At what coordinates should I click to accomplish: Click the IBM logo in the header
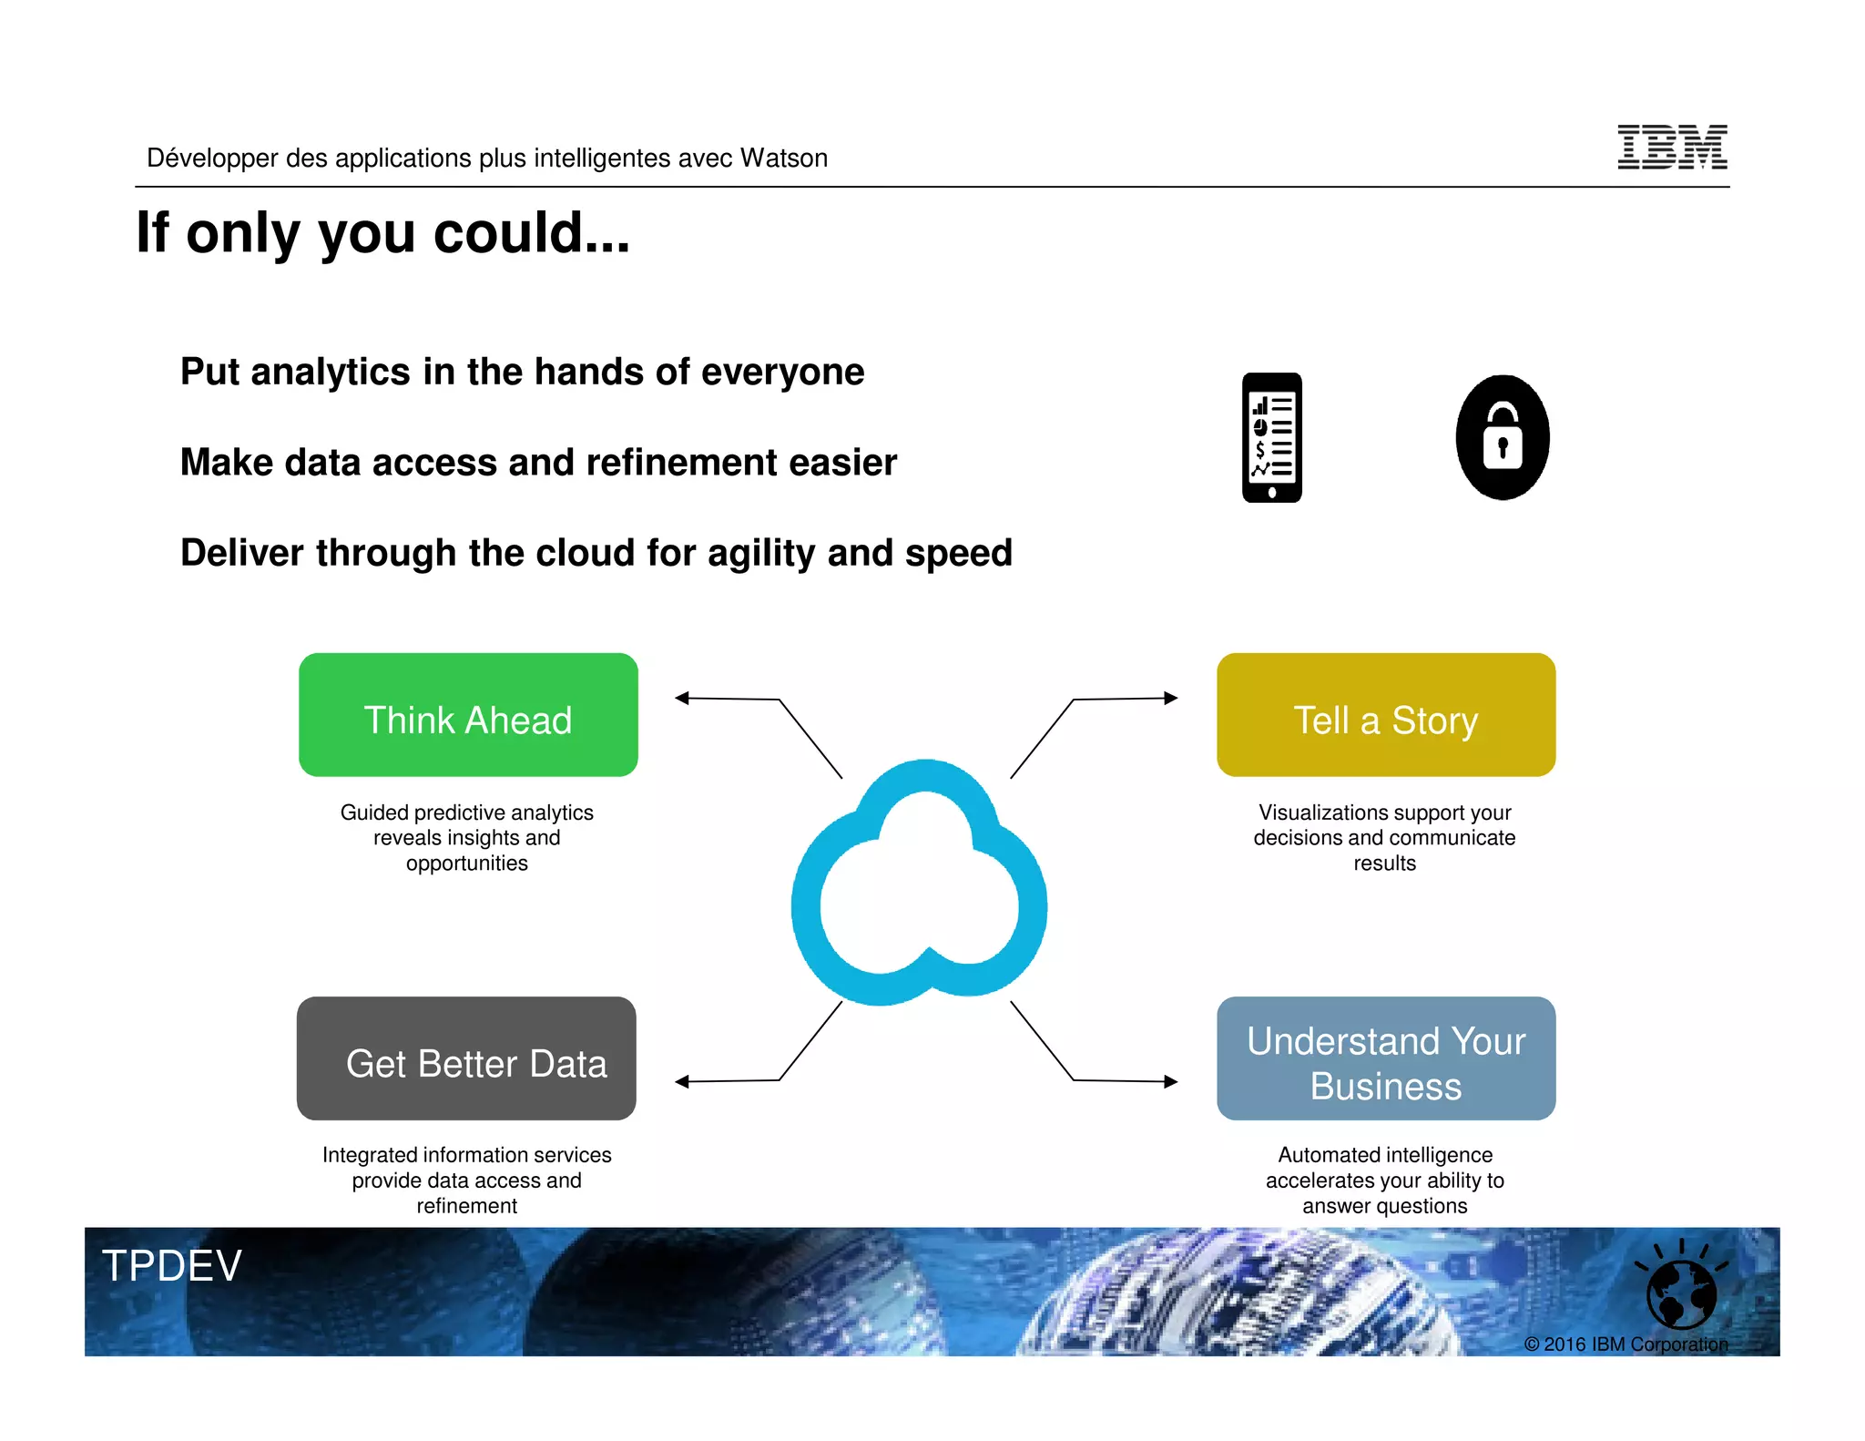point(1671,147)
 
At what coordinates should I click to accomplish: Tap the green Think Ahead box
point(468,715)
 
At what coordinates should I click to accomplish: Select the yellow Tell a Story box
point(1385,715)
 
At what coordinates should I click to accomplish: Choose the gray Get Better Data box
point(466,1058)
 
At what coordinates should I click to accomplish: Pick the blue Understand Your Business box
point(1385,1058)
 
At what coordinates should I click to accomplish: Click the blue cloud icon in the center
point(920,882)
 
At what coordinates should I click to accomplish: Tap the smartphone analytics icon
point(1271,437)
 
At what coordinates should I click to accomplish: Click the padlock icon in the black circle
point(1503,437)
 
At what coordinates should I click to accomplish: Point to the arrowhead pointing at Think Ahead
point(682,698)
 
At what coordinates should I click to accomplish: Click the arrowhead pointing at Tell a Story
point(1171,698)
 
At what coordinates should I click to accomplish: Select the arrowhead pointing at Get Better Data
point(682,1081)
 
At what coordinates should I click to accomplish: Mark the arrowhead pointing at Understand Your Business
point(1171,1081)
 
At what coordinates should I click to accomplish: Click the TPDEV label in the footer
point(172,1265)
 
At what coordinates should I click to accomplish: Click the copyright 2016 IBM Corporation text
point(1626,1344)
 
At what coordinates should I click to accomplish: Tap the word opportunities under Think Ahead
point(466,863)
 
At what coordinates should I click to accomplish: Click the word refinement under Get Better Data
point(466,1206)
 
